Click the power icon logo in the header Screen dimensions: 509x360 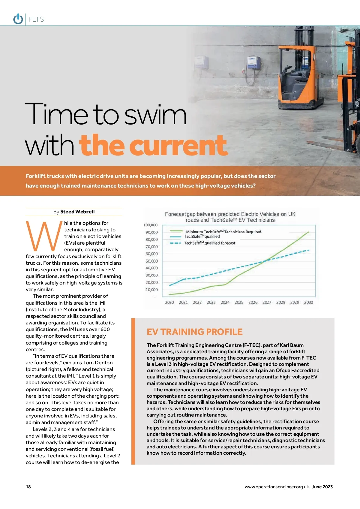(x=18, y=19)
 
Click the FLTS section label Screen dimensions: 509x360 (x=36, y=20)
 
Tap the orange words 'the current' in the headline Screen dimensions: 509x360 (x=153, y=146)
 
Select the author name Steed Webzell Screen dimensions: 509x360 (x=77, y=212)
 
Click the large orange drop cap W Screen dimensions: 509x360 (x=44, y=236)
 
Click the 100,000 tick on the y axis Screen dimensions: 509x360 (x=150, y=225)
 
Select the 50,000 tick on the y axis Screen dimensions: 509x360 (x=151, y=261)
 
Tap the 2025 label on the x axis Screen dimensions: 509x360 (x=239, y=302)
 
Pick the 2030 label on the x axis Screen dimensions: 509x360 (x=308, y=302)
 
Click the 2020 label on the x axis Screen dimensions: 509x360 (x=169, y=302)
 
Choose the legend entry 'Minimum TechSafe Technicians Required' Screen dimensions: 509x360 (x=223, y=232)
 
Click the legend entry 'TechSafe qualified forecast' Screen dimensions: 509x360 (x=210, y=243)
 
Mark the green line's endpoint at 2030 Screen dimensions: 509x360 (x=308, y=232)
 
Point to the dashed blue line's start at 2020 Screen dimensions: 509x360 (x=170, y=285)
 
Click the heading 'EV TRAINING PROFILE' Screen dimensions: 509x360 (x=195, y=332)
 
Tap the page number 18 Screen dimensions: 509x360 (x=28, y=487)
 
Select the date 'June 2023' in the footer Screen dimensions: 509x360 (x=322, y=487)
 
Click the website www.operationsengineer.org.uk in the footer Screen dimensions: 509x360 (x=277, y=487)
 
